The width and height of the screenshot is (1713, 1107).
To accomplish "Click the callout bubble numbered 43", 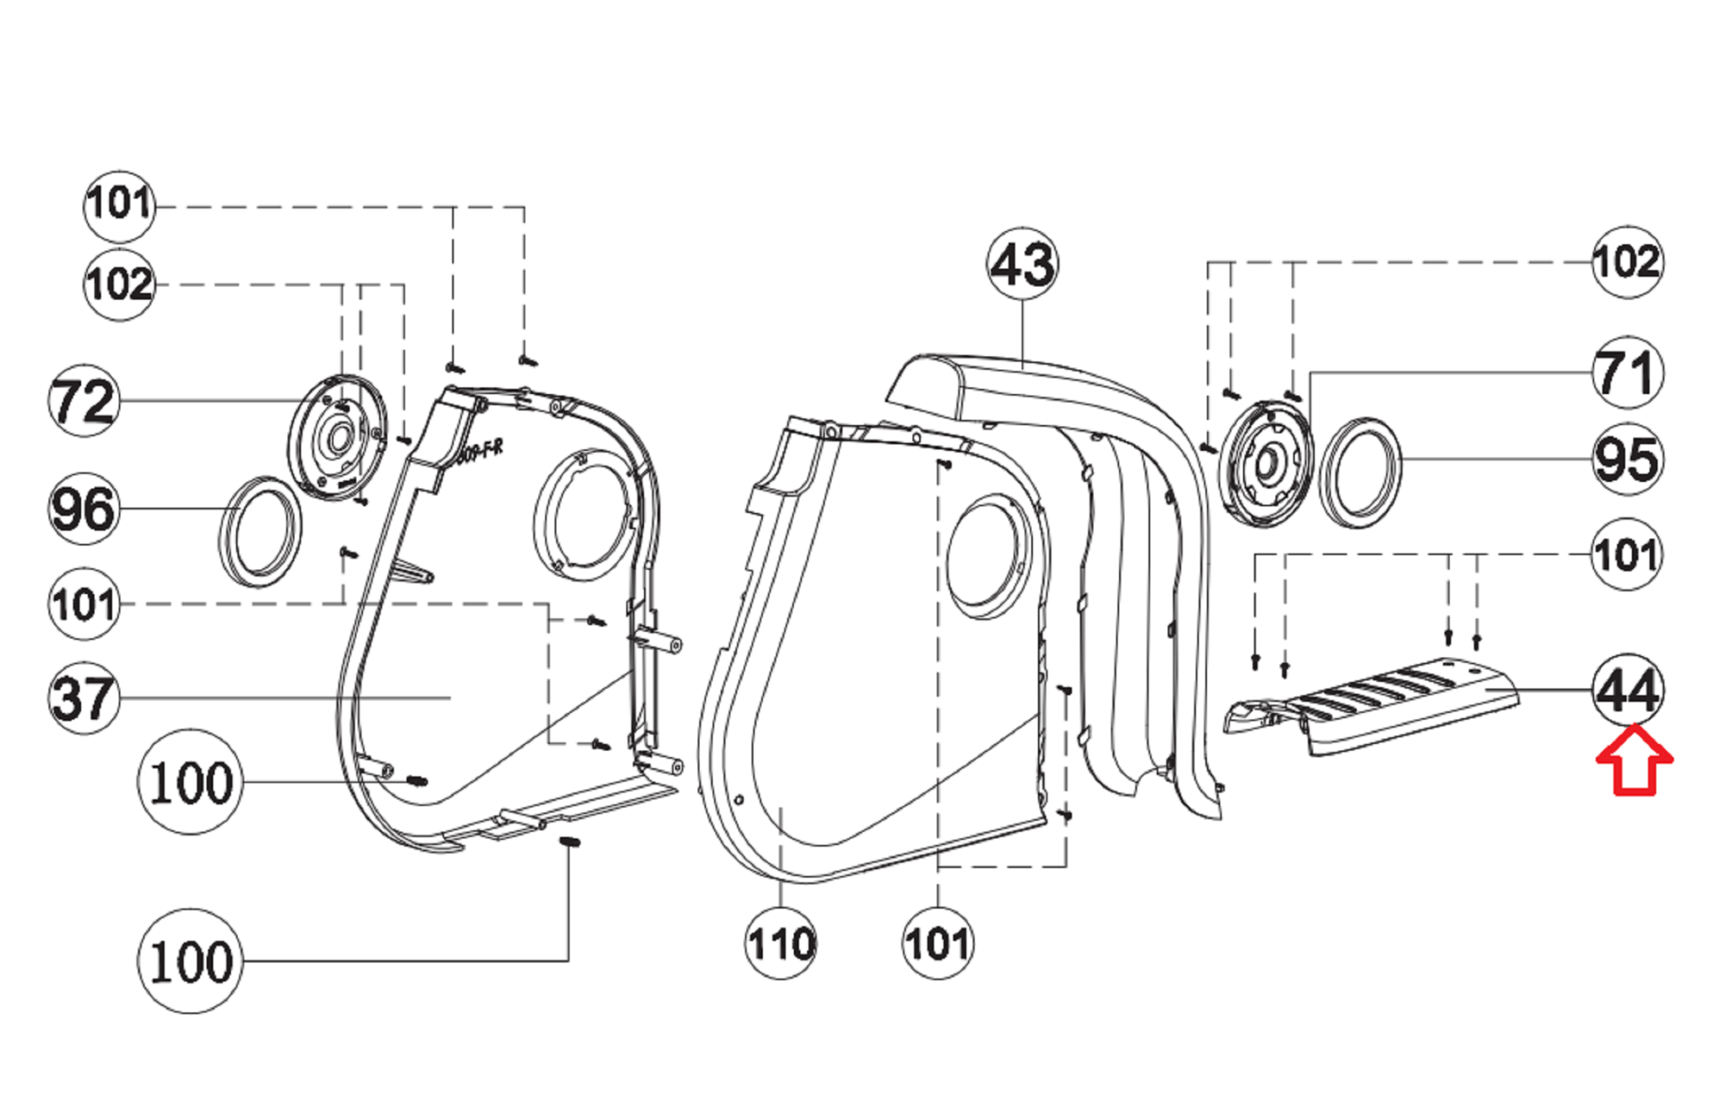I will (x=1022, y=264).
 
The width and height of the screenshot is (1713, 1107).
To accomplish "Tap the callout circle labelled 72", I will (x=83, y=401).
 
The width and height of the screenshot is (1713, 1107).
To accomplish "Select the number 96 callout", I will (x=83, y=509).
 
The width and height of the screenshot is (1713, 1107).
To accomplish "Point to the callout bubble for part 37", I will (x=83, y=697).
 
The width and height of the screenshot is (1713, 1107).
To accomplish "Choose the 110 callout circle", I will (x=780, y=944).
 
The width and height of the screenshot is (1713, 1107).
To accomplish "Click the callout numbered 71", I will (x=1626, y=372).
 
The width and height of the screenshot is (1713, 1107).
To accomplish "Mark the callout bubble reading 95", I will (x=1626, y=459).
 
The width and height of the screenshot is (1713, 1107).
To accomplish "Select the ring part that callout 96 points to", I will (x=261, y=532).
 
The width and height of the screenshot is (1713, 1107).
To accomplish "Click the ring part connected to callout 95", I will (x=1360, y=473).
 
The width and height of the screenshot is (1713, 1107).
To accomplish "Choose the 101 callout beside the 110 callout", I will (x=938, y=944).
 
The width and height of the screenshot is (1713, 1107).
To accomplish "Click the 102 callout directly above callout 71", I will (x=1626, y=262).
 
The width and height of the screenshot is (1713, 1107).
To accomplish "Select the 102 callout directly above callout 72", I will (x=119, y=284).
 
